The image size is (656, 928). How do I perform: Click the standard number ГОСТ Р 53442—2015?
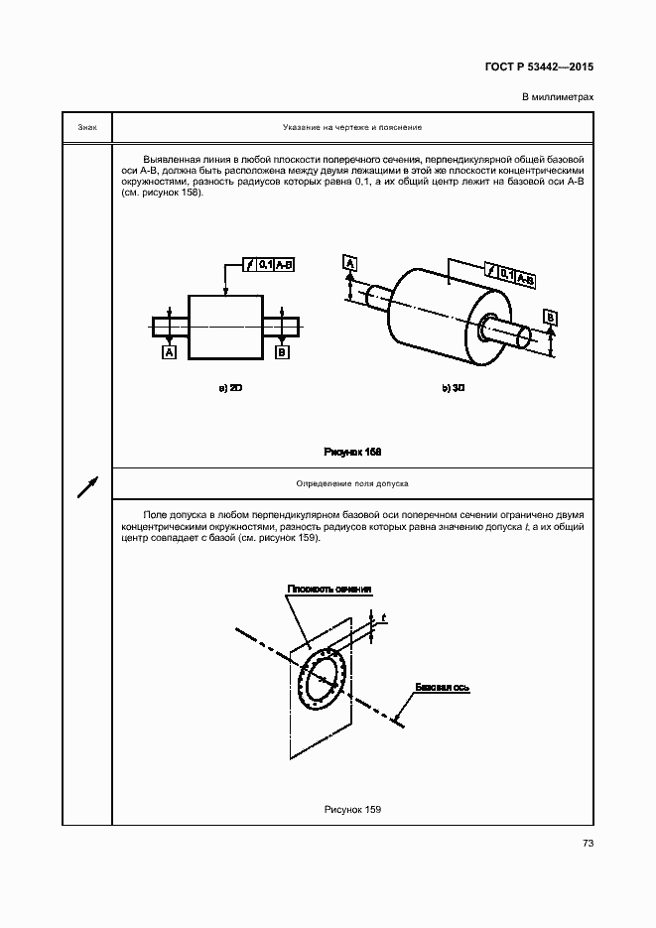click(x=539, y=66)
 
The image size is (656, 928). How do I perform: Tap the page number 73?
click(x=588, y=843)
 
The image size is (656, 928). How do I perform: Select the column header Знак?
click(x=87, y=127)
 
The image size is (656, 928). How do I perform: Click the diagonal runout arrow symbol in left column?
click(x=87, y=486)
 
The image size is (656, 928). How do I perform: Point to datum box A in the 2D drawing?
click(x=169, y=352)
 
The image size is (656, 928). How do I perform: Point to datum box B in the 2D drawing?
click(x=282, y=352)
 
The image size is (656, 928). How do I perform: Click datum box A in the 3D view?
click(x=350, y=262)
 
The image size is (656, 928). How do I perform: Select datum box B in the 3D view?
click(x=550, y=319)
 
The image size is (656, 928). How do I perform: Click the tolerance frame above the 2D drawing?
click(x=268, y=265)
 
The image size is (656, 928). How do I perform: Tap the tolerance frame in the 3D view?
click(x=510, y=274)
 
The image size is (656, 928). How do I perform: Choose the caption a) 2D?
click(x=230, y=388)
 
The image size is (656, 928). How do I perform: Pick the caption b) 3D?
click(x=454, y=388)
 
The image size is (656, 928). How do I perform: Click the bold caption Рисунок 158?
click(x=352, y=452)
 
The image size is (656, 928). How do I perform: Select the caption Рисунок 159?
click(x=352, y=810)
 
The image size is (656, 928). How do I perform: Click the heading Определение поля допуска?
click(x=352, y=483)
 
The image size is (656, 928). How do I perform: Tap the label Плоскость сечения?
click(x=328, y=589)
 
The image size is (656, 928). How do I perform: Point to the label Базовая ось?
click(x=443, y=687)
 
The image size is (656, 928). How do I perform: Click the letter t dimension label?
click(x=384, y=618)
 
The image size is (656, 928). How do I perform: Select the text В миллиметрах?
click(x=557, y=97)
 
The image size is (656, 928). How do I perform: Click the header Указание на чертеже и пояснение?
click(x=352, y=127)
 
